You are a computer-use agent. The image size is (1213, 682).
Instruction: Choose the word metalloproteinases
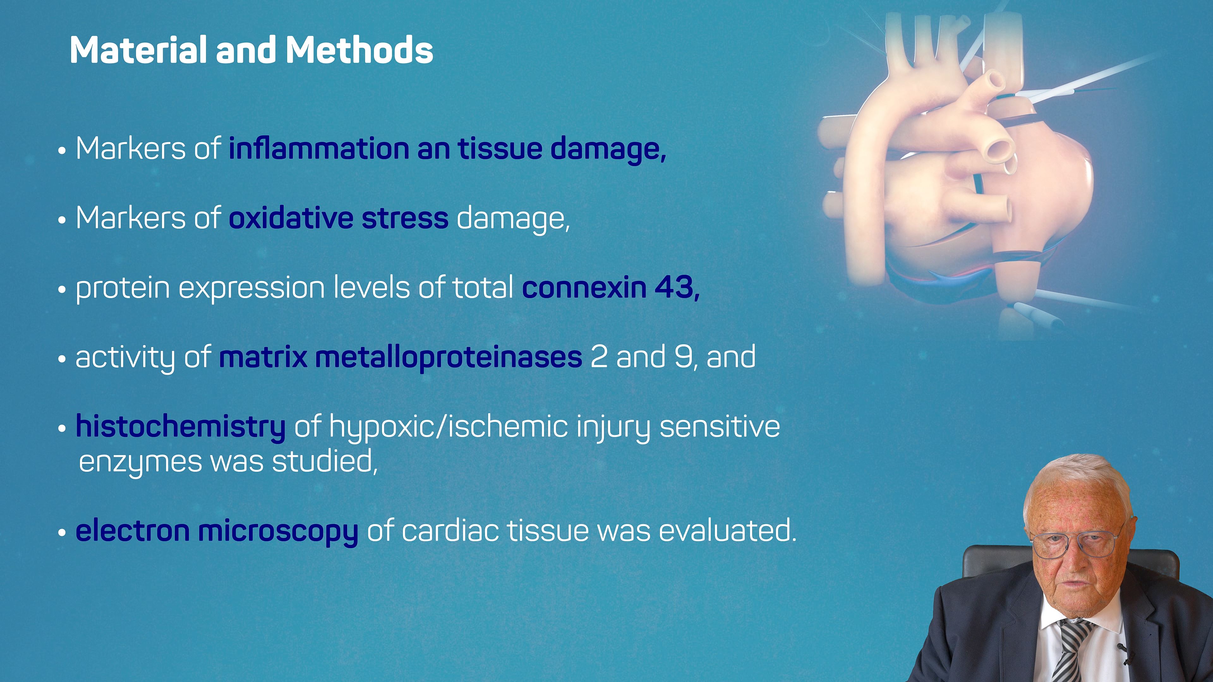point(448,357)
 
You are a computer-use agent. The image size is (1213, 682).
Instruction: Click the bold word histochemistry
point(180,427)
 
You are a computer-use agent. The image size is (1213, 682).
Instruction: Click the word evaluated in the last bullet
point(727,530)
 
